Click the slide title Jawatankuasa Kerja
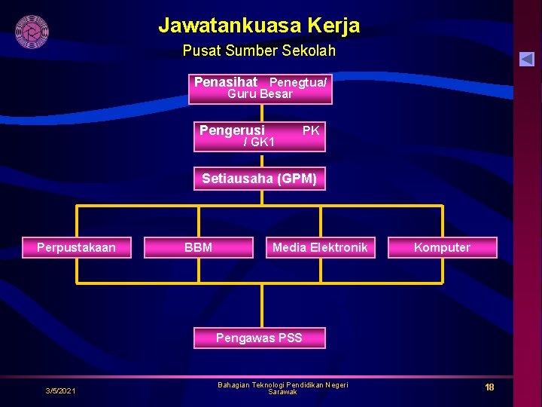[x=259, y=26]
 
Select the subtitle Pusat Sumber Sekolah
[x=259, y=51]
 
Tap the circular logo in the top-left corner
[x=32, y=31]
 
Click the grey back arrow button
[x=526, y=59]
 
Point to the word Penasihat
[x=225, y=81]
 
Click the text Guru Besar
[x=260, y=94]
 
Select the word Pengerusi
[x=232, y=130]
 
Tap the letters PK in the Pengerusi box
[x=311, y=130]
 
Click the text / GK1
[x=259, y=142]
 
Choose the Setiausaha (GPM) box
[x=259, y=179]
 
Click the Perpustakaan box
[x=77, y=247]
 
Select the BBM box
[x=198, y=247]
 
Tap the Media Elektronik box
[x=320, y=247]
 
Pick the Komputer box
[x=442, y=247]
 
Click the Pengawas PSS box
[x=259, y=338]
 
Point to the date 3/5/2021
[x=60, y=390]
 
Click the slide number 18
[x=489, y=387]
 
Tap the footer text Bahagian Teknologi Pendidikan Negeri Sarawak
[x=282, y=388]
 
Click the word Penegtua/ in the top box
[x=298, y=82]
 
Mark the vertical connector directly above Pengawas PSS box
[x=262, y=305]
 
